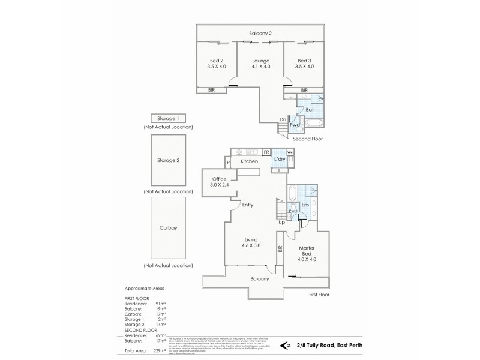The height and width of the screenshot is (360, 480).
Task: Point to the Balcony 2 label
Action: tap(261, 33)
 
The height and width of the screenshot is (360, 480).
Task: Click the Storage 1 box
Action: tap(169, 119)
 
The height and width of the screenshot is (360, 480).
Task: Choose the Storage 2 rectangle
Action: tap(169, 161)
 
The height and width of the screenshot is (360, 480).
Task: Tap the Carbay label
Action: tap(169, 229)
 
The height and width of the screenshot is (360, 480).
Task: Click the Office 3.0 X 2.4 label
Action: tap(219, 182)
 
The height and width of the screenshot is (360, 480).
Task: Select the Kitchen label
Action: tap(249, 161)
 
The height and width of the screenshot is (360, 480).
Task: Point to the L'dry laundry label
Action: tap(280, 159)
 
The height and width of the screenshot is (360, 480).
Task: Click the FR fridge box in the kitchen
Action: tap(266, 152)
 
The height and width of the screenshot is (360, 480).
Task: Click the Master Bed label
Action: tap(307, 252)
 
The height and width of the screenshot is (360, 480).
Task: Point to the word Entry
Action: tap(248, 205)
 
